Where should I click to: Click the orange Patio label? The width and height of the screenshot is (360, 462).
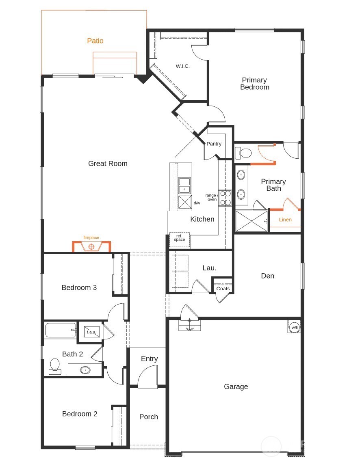[95, 41]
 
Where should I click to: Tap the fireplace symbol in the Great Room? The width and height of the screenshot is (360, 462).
[91, 246]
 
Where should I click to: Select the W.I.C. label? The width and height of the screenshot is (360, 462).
[182, 66]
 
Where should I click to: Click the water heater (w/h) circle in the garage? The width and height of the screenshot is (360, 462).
[294, 327]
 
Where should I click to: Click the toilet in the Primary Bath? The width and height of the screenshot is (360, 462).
[243, 153]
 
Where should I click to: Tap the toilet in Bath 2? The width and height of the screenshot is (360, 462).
[54, 366]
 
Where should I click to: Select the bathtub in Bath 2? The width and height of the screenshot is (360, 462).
[60, 330]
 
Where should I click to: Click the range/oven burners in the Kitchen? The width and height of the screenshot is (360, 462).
[225, 198]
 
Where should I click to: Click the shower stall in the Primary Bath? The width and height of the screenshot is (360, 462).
[251, 221]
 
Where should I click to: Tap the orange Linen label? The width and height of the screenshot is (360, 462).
[285, 220]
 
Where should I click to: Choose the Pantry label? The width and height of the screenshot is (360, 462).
[214, 144]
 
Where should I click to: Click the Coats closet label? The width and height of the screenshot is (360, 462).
[223, 289]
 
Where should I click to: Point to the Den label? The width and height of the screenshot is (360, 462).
[267, 276]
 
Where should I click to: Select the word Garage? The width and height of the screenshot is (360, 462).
[236, 386]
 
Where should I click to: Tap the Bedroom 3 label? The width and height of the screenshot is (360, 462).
[79, 287]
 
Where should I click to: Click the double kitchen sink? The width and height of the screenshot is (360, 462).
[184, 185]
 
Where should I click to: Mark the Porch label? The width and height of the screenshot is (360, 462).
[148, 417]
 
